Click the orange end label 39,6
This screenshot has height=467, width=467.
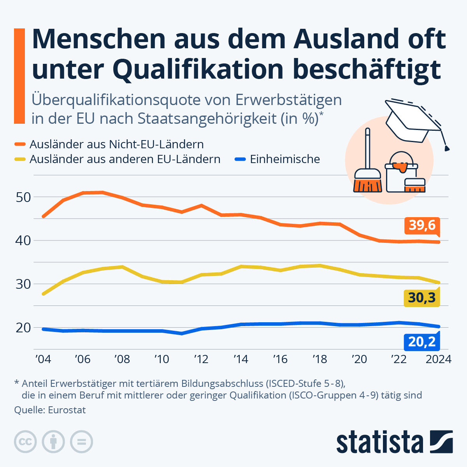[x=422, y=225]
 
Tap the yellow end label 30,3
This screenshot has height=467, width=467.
[x=422, y=298]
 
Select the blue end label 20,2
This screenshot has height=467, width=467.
[x=422, y=342]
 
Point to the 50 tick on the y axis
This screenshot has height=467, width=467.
[x=23, y=197]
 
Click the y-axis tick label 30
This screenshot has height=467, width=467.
[x=23, y=284]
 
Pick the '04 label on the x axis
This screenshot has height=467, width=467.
[x=43, y=359]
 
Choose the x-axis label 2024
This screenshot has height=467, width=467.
[x=439, y=359]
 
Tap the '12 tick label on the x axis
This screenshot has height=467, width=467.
[x=201, y=359]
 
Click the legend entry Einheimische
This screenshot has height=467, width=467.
[x=285, y=159]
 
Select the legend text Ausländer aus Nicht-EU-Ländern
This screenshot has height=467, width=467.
[x=116, y=144]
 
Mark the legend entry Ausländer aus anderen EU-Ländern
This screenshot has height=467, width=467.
[x=125, y=159]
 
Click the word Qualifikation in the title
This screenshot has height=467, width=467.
[x=198, y=69]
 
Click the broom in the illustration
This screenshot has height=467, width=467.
[x=368, y=167]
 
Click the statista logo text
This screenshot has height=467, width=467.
[x=379, y=442]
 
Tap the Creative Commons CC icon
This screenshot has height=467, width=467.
[x=25, y=442]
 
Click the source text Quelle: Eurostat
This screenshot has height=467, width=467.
[x=50, y=410]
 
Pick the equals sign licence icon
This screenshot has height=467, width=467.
[x=81, y=442]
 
